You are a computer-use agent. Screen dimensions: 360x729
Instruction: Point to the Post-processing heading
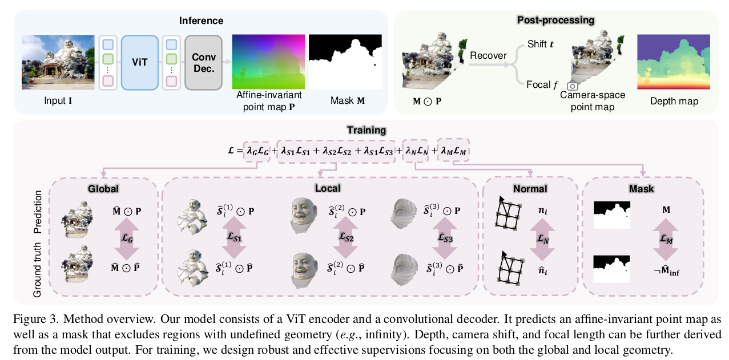(555, 20)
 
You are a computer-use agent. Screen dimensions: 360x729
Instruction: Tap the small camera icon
(573, 86)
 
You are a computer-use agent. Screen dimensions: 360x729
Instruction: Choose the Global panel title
(103, 188)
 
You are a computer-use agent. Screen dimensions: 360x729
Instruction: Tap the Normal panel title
(530, 188)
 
